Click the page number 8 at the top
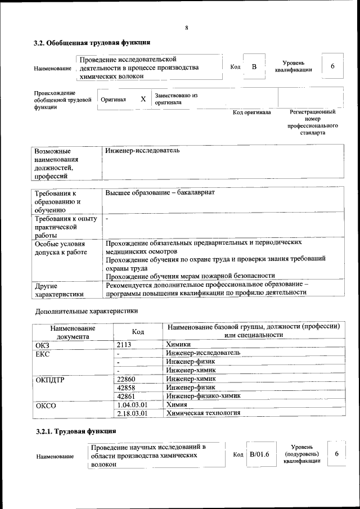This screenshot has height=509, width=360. point(186,28)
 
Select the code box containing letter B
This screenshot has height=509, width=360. point(254,67)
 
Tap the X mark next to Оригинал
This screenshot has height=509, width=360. point(143,99)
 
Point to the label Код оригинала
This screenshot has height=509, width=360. point(252,112)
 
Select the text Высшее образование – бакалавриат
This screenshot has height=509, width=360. point(160,193)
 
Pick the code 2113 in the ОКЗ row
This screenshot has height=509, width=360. point(124,344)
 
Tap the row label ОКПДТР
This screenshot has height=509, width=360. point(50,379)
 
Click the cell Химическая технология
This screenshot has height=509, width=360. point(204,413)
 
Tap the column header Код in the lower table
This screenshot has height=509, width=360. point(138,332)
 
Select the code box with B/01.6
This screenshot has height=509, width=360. point(260,454)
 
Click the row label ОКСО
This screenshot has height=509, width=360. point(46,405)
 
